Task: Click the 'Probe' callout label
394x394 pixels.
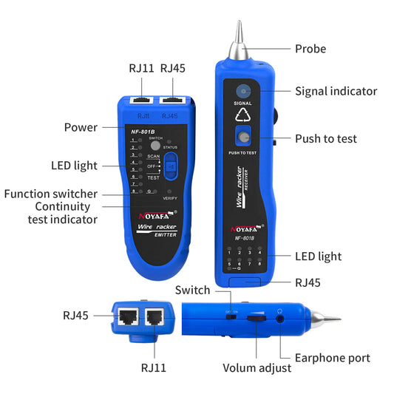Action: click(x=310, y=49)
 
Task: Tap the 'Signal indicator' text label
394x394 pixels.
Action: click(x=336, y=92)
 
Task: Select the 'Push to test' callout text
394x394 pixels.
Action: click(x=325, y=138)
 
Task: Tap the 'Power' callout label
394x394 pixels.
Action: click(x=81, y=127)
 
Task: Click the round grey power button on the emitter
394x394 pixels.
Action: click(x=155, y=146)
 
